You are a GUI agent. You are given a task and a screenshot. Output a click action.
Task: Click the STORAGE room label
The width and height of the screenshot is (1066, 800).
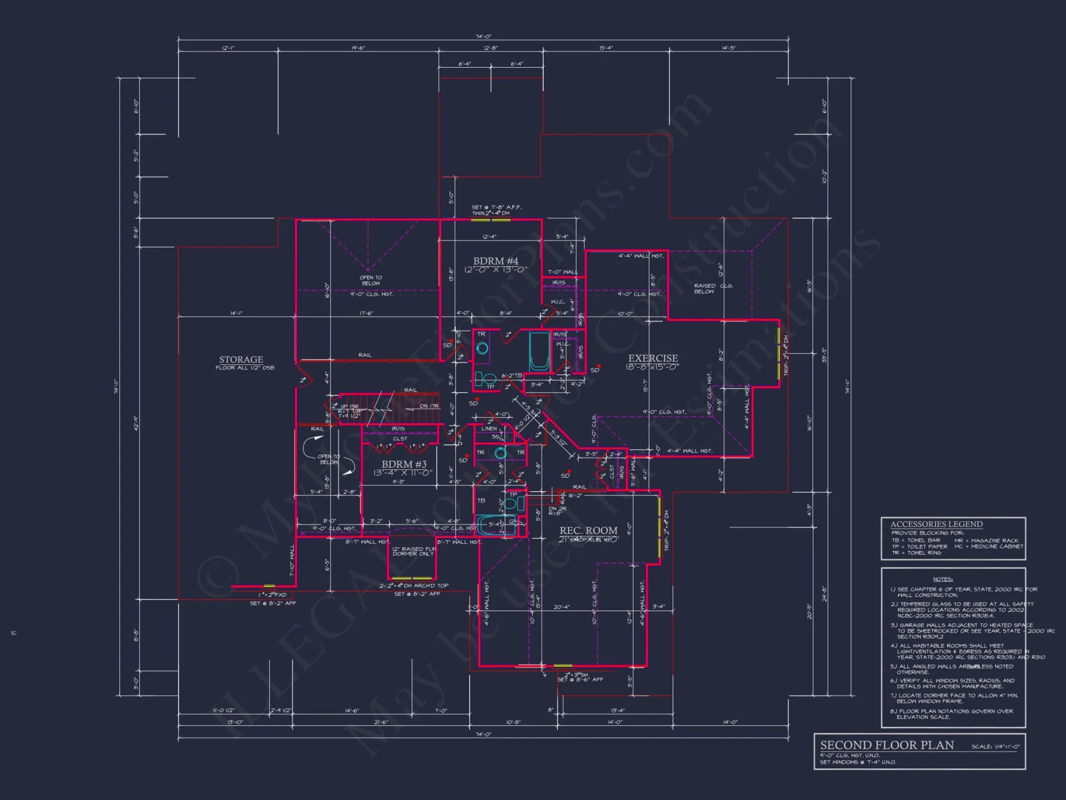tap(241, 359)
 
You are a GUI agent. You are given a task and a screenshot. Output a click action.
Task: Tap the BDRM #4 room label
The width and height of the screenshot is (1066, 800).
tap(495, 261)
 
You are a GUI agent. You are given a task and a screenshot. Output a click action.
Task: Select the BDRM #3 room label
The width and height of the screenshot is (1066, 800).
tap(404, 464)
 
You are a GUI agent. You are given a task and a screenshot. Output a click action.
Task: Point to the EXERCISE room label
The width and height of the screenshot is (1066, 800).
tap(653, 358)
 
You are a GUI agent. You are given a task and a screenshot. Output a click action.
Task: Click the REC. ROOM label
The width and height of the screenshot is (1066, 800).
tap(588, 530)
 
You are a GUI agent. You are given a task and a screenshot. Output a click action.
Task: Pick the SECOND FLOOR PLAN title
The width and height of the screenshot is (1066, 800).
tap(887, 745)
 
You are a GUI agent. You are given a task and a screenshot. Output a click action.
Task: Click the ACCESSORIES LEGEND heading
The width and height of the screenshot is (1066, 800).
tap(936, 524)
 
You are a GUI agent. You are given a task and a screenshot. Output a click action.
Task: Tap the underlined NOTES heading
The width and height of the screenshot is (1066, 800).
tap(942, 579)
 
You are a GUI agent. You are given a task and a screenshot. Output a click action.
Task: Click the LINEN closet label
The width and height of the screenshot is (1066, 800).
tap(489, 428)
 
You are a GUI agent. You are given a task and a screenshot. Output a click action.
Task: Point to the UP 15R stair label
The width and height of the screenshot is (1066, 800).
tap(350, 406)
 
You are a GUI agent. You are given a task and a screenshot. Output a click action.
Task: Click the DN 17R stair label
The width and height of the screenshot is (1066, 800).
tap(429, 406)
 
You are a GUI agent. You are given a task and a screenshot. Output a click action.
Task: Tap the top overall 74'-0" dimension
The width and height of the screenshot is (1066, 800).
tap(483, 37)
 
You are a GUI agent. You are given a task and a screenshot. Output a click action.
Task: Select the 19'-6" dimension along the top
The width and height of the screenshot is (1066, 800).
tap(358, 48)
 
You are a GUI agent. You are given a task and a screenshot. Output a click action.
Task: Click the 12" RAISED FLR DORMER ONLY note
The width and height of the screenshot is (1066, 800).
tap(414, 551)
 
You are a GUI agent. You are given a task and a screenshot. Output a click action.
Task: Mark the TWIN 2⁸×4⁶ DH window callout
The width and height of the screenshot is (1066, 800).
tap(490, 213)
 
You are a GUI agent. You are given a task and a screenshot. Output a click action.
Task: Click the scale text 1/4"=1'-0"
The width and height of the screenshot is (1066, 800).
tap(995, 747)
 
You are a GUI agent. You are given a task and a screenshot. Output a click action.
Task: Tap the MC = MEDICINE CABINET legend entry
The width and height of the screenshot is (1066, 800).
tap(989, 546)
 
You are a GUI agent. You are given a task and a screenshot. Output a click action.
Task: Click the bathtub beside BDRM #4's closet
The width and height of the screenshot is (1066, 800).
tap(539, 350)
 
